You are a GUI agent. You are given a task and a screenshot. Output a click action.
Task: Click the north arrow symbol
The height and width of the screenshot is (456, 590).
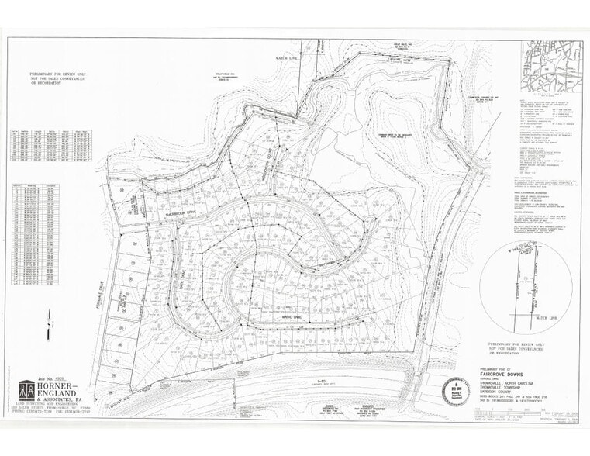tap(48, 316)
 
